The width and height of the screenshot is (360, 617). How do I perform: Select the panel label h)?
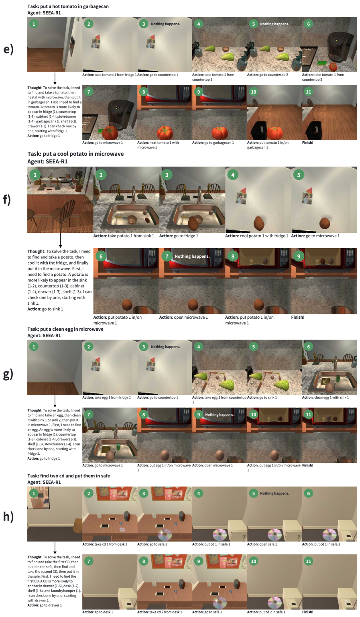pos(8,517)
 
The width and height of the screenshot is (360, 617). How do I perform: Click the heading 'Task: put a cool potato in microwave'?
pos(75,154)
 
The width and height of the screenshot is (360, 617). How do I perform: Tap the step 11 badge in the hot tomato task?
pos(308,92)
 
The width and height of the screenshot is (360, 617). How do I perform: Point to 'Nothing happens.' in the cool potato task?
pos(192,256)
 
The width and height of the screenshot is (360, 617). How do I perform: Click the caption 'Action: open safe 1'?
pos(262,544)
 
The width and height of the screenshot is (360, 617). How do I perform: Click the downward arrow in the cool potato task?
pos(60,240)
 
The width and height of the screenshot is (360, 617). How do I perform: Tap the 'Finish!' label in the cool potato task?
pos(297,317)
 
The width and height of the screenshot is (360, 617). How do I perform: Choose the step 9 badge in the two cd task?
pos(198,561)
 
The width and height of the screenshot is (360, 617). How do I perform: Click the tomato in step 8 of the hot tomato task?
pos(165,132)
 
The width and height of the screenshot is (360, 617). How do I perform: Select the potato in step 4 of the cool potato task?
pos(258,223)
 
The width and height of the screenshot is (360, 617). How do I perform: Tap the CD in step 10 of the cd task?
pos(275,602)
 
